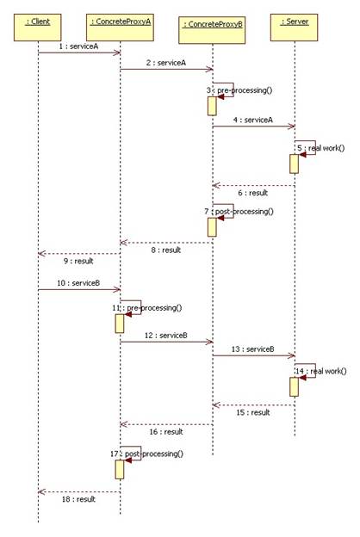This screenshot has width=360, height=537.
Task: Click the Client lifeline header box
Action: [x=38, y=28]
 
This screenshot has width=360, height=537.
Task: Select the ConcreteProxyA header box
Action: [x=120, y=28]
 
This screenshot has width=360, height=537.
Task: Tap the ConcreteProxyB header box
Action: [x=212, y=30]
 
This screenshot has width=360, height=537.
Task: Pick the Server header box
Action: [x=295, y=28]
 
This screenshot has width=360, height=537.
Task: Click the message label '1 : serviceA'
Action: [x=78, y=46]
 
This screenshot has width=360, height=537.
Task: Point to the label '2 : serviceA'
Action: [x=166, y=63]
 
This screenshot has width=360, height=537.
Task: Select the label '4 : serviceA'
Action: [x=253, y=120]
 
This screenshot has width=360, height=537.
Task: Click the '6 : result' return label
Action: [x=253, y=193]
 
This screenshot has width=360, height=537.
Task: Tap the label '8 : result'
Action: [x=166, y=250]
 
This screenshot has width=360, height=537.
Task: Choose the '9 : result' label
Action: [x=78, y=261]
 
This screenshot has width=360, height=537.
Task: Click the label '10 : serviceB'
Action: [x=78, y=283]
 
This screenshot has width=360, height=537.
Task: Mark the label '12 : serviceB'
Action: [x=166, y=336]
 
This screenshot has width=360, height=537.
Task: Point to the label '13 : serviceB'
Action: [x=253, y=349]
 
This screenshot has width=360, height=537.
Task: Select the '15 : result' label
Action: [x=253, y=412]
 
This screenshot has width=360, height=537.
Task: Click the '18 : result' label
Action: [x=78, y=499]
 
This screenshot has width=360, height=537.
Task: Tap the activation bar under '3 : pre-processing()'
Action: [x=212, y=106]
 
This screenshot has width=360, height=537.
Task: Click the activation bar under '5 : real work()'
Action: [x=295, y=164]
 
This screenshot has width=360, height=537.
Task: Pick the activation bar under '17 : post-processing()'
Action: [x=120, y=470]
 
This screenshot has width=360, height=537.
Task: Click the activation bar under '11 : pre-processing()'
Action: [x=120, y=324]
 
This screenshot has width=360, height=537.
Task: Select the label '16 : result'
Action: [x=166, y=432]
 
